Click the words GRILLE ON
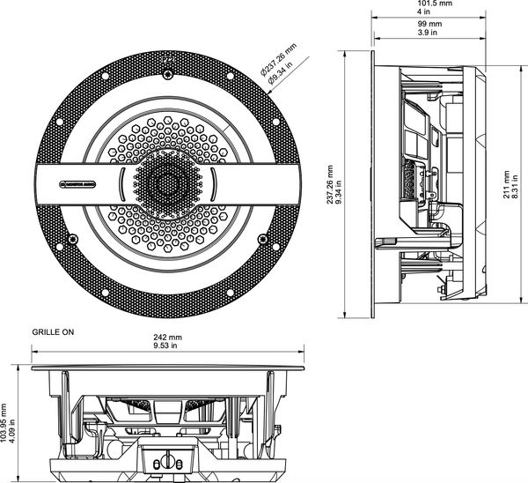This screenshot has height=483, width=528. point(55,334)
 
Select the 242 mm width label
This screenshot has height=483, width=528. point(167,338)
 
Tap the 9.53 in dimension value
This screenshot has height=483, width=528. point(167,348)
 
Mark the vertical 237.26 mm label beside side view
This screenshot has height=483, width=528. point(330,185)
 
